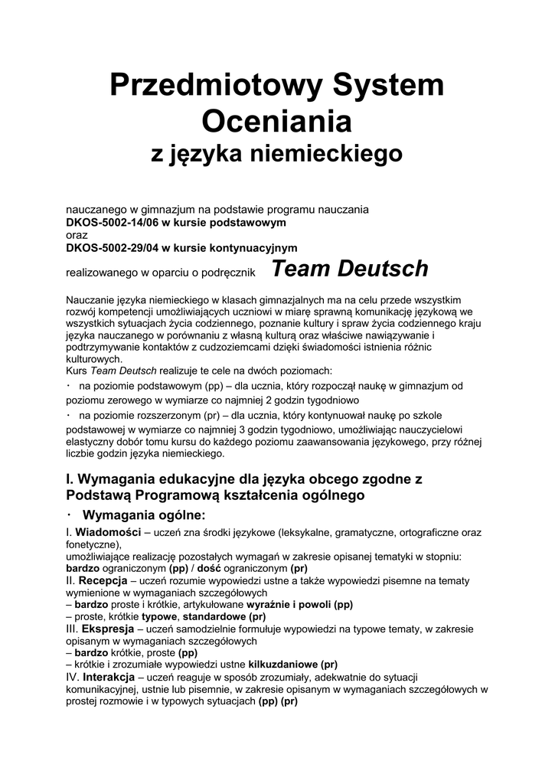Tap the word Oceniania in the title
(x=276, y=121)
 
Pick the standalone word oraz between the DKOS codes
(x=77, y=235)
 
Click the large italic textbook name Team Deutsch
(x=350, y=269)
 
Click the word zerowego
(x=122, y=400)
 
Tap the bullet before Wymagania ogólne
(x=70, y=514)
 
